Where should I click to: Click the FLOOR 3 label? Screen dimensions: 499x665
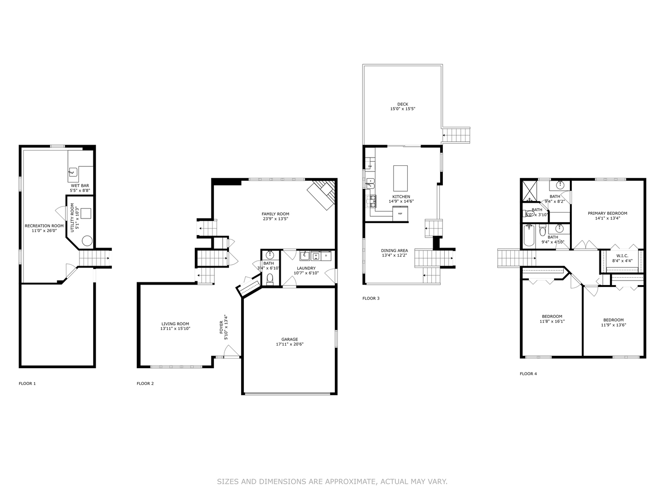pos(371,298)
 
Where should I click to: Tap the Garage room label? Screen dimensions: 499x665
pos(290,339)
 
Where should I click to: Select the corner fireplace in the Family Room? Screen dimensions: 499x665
pos(322,194)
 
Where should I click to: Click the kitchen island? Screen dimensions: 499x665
pos(400,178)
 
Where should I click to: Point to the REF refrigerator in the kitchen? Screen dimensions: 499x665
pos(400,214)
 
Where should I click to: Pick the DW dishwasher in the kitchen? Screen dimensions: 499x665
pos(370,166)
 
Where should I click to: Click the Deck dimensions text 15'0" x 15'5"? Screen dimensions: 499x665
pos(402,110)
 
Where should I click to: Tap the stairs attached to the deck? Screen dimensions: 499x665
pos(456,135)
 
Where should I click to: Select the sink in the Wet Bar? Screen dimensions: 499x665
pos(73,172)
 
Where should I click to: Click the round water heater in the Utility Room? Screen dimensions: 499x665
pos(87,241)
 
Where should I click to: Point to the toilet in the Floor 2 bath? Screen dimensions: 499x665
pos(270,279)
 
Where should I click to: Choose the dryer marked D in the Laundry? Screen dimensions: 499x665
pos(326,256)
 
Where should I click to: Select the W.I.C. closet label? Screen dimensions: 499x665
pos(622,256)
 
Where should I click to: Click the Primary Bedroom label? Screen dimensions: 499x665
pos(607,213)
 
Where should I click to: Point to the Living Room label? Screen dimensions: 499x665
pos(175,324)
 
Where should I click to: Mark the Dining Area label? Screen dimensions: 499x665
pos(394,250)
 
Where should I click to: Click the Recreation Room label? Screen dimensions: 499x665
pos(44,226)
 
